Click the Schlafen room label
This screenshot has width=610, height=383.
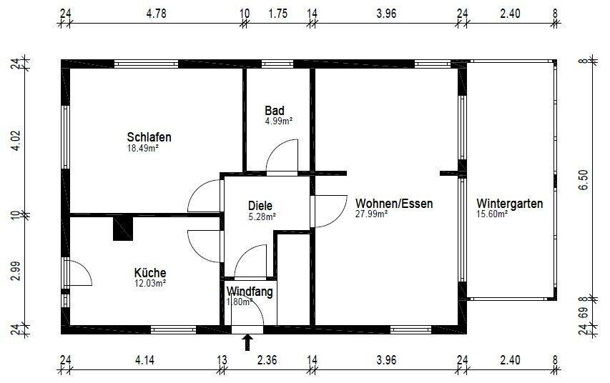point(149,137)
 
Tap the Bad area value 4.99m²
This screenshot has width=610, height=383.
point(277,121)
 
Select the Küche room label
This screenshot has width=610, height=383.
point(150,272)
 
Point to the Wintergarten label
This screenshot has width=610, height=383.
point(509,203)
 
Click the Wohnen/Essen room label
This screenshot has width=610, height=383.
point(394,203)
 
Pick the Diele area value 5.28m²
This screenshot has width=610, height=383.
point(262,216)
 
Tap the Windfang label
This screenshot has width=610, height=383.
point(250,292)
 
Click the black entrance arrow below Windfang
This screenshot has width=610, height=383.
point(247,343)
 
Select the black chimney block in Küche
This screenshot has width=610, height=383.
point(123,229)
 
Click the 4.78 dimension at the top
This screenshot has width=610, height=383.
point(154,14)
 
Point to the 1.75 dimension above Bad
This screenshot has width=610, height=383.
point(278,14)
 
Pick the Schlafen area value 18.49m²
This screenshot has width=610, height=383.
point(142,149)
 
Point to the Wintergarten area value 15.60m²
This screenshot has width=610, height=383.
point(492,214)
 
